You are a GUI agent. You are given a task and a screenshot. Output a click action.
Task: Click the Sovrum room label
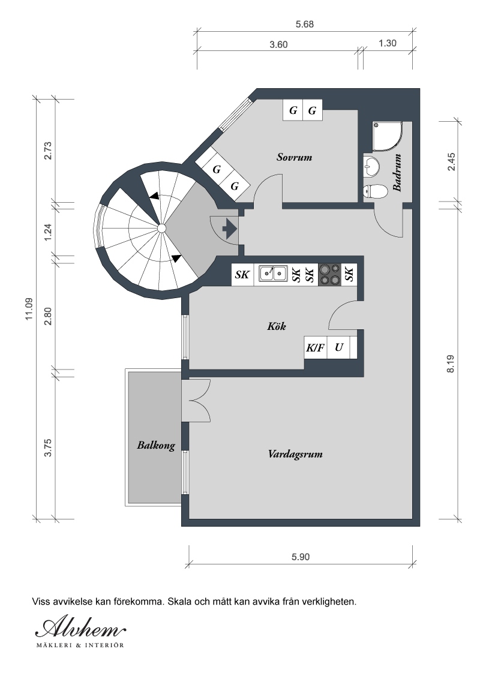pyautogui.click(x=294, y=157)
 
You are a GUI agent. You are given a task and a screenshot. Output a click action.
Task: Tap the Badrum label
pyautogui.click(x=397, y=172)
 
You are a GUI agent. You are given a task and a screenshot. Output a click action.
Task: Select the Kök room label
pyautogui.click(x=277, y=326)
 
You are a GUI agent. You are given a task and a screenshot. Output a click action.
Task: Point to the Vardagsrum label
pyautogui.click(x=295, y=454)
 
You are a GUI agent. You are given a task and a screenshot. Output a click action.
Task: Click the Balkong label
pyautogui.click(x=156, y=445)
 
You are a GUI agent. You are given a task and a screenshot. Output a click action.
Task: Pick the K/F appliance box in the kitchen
pyautogui.click(x=316, y=347)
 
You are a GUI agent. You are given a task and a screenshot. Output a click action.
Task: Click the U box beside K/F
pyautogui.click(x=339, y=347)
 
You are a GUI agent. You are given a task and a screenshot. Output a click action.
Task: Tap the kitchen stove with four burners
pyautogui.click(x=329, y=275)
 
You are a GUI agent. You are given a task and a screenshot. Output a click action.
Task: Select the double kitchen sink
pyautogui.click(x=273, y=274)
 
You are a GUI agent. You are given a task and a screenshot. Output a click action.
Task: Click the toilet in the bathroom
pyautogui.click(x=375, y=191)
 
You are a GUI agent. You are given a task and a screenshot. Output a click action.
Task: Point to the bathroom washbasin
pyautogui.click(x=371, y=166)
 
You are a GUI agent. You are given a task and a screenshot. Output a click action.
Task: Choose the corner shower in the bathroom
pyautogui.click(x=387, y=136)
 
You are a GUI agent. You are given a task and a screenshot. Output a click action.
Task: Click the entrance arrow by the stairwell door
pyautogui.click(x=229, y=228)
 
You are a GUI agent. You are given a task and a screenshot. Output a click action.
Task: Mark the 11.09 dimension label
pyautogui.click(x=29, y=309)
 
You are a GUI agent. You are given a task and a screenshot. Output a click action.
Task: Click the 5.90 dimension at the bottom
pyautogui.click(x=301, y=557)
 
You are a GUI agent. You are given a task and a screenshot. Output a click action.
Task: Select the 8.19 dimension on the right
pyautogui.click(x=451, y=363)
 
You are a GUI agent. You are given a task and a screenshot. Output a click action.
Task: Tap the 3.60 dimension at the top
pyautogui.click(x=278, y=44)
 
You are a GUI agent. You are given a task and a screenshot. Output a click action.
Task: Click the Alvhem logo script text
pyautogui.click(x=81, y=628)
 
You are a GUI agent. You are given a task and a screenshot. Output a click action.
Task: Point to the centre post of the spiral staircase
pyautogui.click(x=161, y=228)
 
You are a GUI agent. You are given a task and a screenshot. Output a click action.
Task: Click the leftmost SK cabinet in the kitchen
pyautogui.click(x=242, y=275)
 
